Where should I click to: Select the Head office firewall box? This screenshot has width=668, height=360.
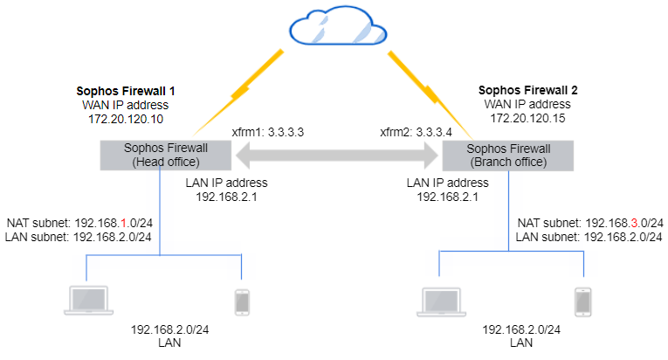coord(162,155)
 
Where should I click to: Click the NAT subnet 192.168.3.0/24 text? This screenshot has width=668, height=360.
coord(590,223)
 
